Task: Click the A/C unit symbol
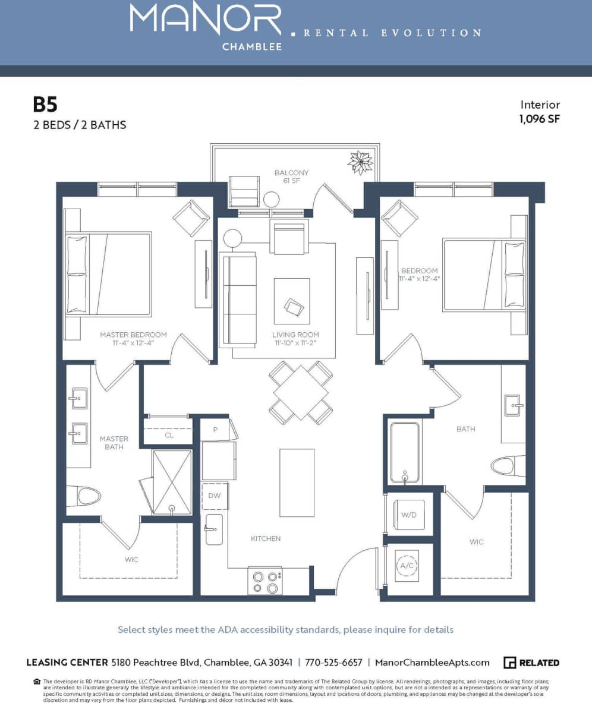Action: coord(407,566)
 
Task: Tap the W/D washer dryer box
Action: coord(409,515)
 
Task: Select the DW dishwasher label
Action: coord(214,495)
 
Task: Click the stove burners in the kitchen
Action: coord(265,581)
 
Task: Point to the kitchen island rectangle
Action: coord(297,483)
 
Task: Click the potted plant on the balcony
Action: coord(360,162)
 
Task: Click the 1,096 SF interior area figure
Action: coord(540,118)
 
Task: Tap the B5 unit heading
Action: coord(45,105)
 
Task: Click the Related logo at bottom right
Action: coord(531,663)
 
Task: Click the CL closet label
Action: coord(169,435)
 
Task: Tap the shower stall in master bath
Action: coord(172,481)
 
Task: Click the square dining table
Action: coord(301,392)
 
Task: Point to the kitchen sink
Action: coord(213,529)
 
